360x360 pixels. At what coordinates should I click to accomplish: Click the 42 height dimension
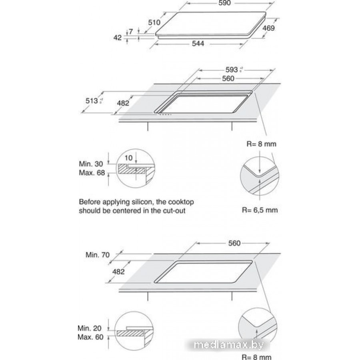pyautogui.click(x=118, y=38)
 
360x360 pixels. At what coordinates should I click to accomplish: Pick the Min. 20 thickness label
pyautogui.click(x=90, y=328)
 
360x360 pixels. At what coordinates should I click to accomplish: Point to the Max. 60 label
pyautogui.click(x=91, y=337)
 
